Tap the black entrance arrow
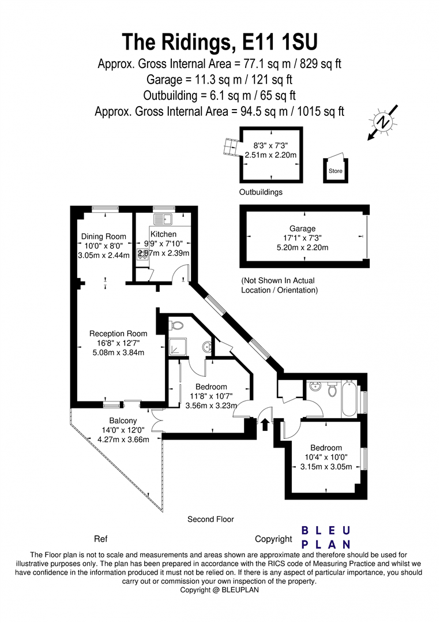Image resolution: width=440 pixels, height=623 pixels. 265,424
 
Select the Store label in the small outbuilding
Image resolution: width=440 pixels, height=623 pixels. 335,171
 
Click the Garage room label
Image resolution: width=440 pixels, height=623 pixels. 302,228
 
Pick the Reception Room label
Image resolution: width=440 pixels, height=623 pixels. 118,334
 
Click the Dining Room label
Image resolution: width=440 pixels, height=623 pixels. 104,237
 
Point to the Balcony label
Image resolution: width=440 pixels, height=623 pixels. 123,421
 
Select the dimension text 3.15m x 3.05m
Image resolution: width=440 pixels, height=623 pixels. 326,467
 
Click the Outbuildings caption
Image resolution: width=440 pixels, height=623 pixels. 261,192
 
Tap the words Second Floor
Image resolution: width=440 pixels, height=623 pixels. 210,519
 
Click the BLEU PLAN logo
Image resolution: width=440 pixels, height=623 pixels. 326,538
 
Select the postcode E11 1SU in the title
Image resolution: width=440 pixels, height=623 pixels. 280,42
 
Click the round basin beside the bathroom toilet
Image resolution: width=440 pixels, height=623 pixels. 317,386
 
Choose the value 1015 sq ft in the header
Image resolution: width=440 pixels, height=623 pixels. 320,112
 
